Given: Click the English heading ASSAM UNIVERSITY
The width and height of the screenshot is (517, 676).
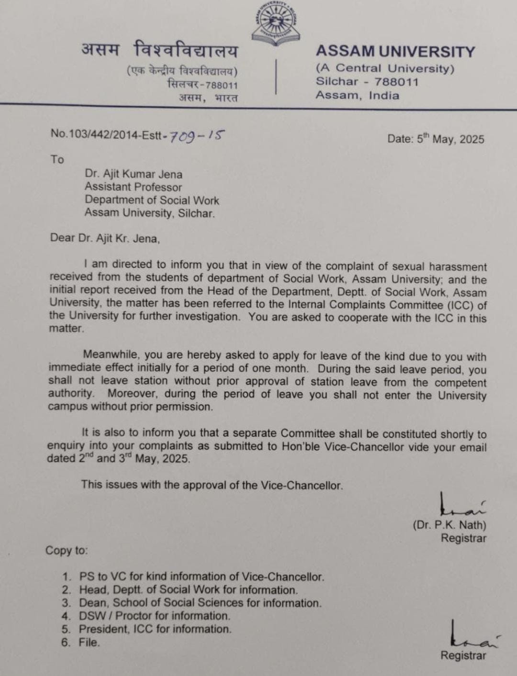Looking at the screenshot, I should pos(395,51).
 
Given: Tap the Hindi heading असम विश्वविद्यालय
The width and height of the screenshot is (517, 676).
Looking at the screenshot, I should pos(159,50).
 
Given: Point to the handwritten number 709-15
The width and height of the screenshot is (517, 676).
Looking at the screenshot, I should pos(197,136).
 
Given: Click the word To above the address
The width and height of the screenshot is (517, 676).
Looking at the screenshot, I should pos(57,159).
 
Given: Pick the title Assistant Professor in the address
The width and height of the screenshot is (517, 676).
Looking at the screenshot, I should pos(133,187).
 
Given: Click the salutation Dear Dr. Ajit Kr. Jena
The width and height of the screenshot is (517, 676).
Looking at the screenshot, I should pos(105,238).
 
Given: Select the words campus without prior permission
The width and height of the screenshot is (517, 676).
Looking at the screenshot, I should pos(130,407).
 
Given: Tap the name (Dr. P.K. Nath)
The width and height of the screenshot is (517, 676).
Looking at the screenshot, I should pos(449,525).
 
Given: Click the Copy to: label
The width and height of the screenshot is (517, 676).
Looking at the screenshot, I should pos(67,551).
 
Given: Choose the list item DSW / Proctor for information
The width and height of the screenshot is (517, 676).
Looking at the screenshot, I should pos(154,616).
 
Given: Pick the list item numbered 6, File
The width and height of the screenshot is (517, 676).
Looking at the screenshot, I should pos(89,643).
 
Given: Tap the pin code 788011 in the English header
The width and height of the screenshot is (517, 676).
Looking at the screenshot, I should pos(396,82).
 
